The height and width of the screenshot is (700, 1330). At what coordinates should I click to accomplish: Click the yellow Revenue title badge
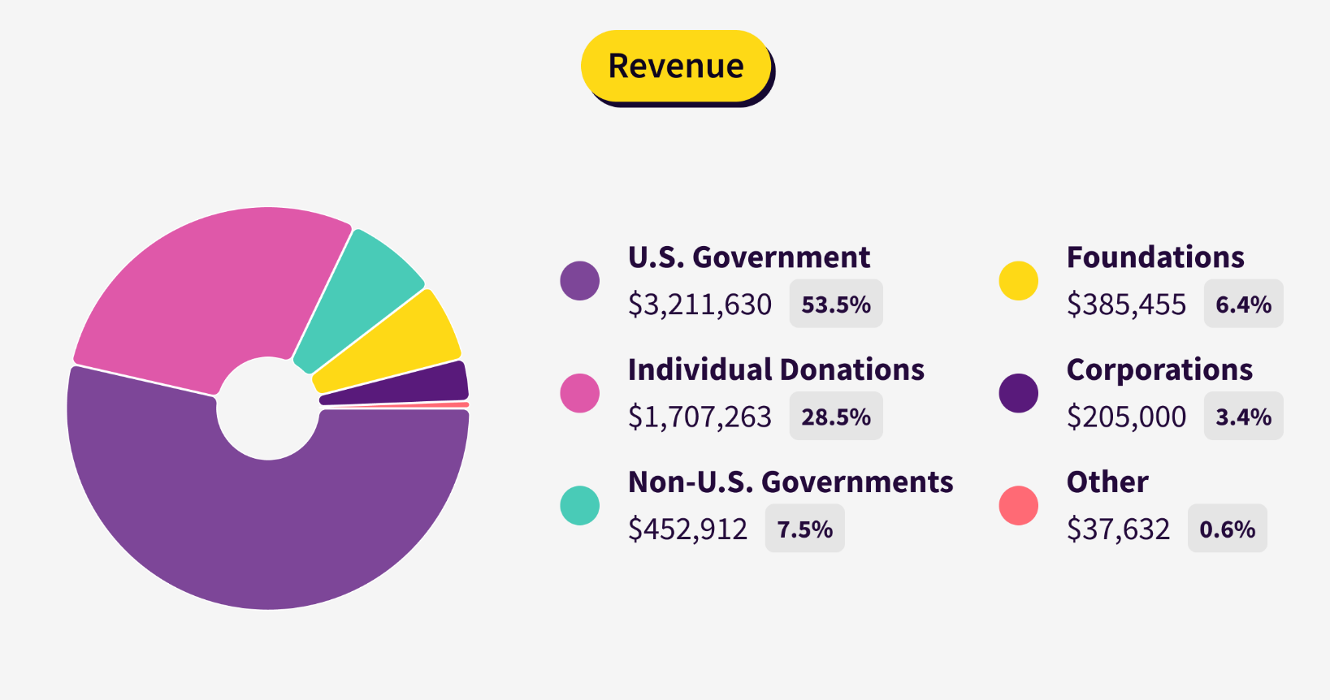675,66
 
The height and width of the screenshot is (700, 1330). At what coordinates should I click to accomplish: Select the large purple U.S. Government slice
268,528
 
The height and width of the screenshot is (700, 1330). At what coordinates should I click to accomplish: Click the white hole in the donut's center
267,408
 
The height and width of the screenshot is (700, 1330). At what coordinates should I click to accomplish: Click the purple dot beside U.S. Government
580,281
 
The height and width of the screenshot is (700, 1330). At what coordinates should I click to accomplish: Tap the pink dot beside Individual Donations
580,393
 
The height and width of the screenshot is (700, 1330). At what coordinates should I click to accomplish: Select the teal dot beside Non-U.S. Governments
580,505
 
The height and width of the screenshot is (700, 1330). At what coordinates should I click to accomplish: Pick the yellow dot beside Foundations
1019,281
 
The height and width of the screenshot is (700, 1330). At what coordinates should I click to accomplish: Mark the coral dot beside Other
1019,505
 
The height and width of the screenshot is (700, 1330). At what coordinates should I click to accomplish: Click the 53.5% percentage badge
836,305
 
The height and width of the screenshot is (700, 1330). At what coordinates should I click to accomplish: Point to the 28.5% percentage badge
836,417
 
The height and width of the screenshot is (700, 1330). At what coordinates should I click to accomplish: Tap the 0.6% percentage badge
1227,529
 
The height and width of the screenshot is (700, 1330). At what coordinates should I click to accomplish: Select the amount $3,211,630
700,305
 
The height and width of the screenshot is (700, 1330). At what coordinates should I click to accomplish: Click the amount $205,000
1126,417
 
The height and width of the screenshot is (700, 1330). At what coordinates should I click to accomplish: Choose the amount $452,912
687,529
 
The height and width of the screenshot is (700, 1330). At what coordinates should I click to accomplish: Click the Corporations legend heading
1159,370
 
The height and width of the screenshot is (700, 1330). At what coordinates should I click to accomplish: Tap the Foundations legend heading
1155,257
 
